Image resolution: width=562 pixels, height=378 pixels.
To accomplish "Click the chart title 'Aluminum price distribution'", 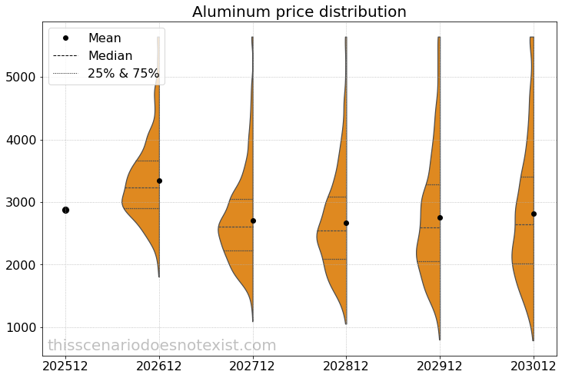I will [299, 12].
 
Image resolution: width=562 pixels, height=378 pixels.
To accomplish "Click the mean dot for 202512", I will [65, 210].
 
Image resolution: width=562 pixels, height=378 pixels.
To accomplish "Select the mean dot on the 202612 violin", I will [159, 181].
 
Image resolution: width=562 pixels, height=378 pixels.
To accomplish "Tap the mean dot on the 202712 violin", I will [253, 220].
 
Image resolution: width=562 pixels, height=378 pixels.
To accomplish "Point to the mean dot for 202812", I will [346, 223].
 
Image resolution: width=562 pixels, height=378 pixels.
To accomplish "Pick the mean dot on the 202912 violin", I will [440, 217].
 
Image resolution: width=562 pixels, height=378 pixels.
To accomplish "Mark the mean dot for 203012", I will [534, 214].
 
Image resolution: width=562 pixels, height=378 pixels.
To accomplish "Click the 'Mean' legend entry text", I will [105, 38].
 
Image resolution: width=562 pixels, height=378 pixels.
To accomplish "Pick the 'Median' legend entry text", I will [110, 56].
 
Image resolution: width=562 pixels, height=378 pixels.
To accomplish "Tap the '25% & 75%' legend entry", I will [123, 74].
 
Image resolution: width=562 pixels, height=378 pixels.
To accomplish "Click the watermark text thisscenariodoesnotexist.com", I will [161, 346].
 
